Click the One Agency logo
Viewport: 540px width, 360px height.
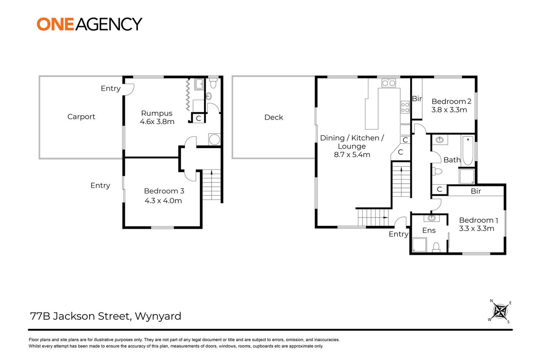point(90,24)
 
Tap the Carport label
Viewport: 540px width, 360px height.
point(81,116)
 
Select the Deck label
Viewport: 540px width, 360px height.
point(274,117)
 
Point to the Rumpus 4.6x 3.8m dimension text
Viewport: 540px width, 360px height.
point(157,122)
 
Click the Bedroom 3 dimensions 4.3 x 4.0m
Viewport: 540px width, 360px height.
point(163,201)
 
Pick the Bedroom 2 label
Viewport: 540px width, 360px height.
point(451,101)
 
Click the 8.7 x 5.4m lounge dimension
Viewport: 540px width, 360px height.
point(352,155)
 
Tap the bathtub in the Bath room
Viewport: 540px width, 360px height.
point(468,151)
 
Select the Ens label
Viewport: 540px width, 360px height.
point(429,230)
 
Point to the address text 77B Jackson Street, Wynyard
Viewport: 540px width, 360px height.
point(106,316)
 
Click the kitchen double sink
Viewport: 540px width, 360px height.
point(389,83)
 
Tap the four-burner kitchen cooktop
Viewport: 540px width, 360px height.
point(405,107)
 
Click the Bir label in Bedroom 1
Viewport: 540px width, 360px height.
point(476,191)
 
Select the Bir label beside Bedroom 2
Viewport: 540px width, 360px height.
point(417,98)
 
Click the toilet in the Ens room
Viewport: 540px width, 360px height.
point(436,247)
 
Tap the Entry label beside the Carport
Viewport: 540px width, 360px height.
point(111,88)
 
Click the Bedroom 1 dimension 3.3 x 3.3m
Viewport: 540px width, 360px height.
point(476,229)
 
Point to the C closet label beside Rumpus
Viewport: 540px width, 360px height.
point(199,119)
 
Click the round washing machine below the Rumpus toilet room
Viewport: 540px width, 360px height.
point(214,139)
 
